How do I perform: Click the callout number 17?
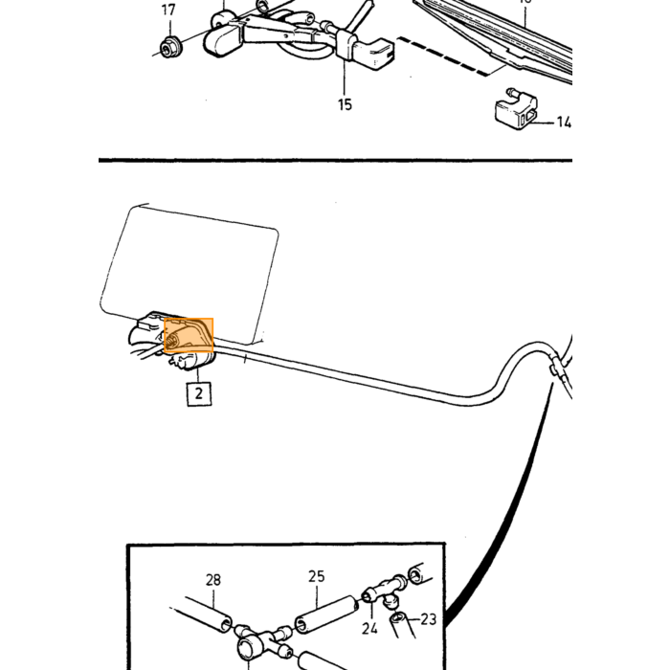pos(168,10)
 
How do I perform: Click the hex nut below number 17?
pos(170,47)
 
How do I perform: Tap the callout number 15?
pos(345,104)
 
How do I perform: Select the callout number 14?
pos(564,123)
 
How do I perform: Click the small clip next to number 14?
pos(516,110)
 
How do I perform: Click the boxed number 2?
pos(199,393)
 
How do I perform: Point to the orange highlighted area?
pos(189,335)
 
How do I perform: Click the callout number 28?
pos(213,580)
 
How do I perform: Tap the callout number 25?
pos(317,576)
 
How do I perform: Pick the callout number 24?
pos(369,628)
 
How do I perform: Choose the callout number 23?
pos(429,618)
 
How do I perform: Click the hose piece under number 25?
pos(326,614)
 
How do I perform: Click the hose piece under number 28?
pos(209,614)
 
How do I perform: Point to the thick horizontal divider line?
pos(335,160)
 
